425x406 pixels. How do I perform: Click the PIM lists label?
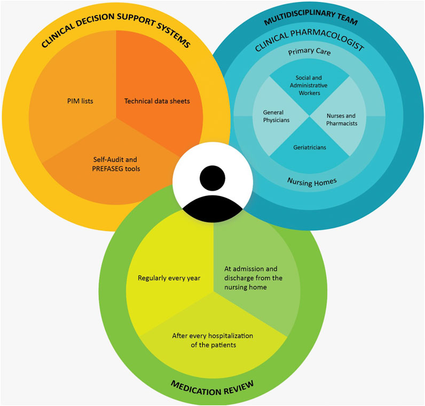tap(80, 100)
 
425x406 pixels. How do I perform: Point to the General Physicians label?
tap(276, 116)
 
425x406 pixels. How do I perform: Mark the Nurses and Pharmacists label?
tap(341, 120)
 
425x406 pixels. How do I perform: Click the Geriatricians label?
tap(309, 146)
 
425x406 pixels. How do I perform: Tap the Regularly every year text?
tap(169, 278)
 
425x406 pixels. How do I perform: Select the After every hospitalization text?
tap(212, 340)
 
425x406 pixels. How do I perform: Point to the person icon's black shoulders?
tap(212, 206)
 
